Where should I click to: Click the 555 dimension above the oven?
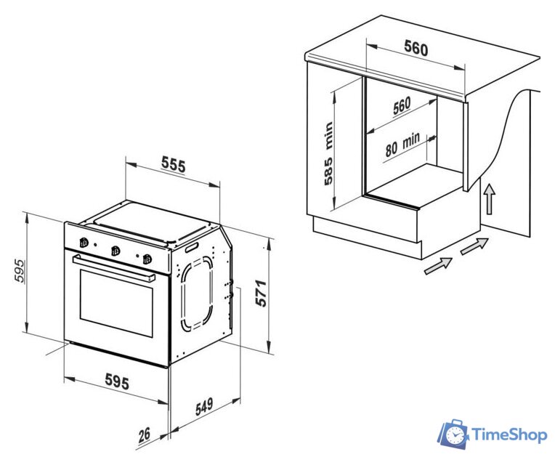[x=174, y=165]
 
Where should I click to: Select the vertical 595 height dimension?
[x=20, y=271]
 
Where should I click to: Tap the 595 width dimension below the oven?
[x=117, y=382]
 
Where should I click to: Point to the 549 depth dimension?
[x=204, y=406]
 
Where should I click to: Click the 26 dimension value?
[x=145, y=434]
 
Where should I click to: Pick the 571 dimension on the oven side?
[x=262, y=293]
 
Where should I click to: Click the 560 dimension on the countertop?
[x=416, y=48]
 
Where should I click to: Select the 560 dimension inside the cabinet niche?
[x=402, y=105]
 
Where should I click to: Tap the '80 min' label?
[x=402, y=145]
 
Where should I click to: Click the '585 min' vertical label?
[x=328, y=153]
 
